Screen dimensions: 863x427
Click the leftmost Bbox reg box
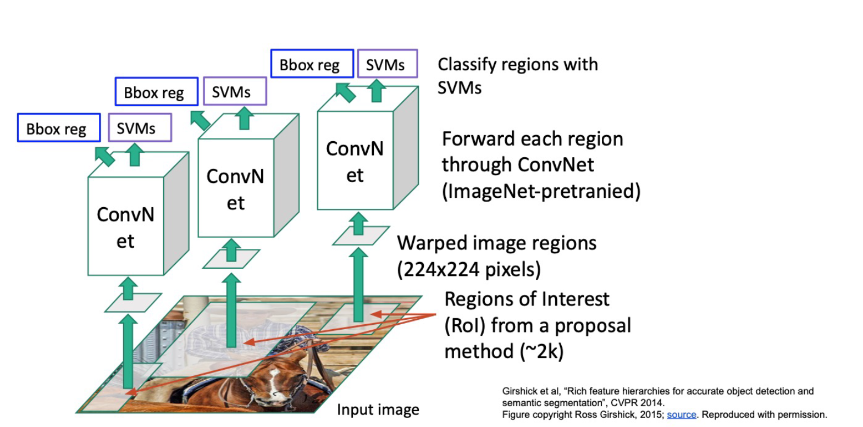[59, 127]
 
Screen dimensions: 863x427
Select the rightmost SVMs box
[388, 64]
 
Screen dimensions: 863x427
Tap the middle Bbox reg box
[157, 91]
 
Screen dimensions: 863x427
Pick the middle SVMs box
[235, 91]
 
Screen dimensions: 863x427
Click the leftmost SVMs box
[140, 127]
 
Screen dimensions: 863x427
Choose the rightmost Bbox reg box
[312, 64]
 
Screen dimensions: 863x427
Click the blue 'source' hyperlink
[682, 415]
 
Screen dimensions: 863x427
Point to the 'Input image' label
[378, 409]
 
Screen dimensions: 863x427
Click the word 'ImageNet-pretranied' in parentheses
[541, 191]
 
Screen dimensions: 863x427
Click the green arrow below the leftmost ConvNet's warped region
[128, 352]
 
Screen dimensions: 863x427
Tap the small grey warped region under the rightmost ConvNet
[361, 235]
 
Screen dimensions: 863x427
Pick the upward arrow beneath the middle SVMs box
[244, 118]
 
